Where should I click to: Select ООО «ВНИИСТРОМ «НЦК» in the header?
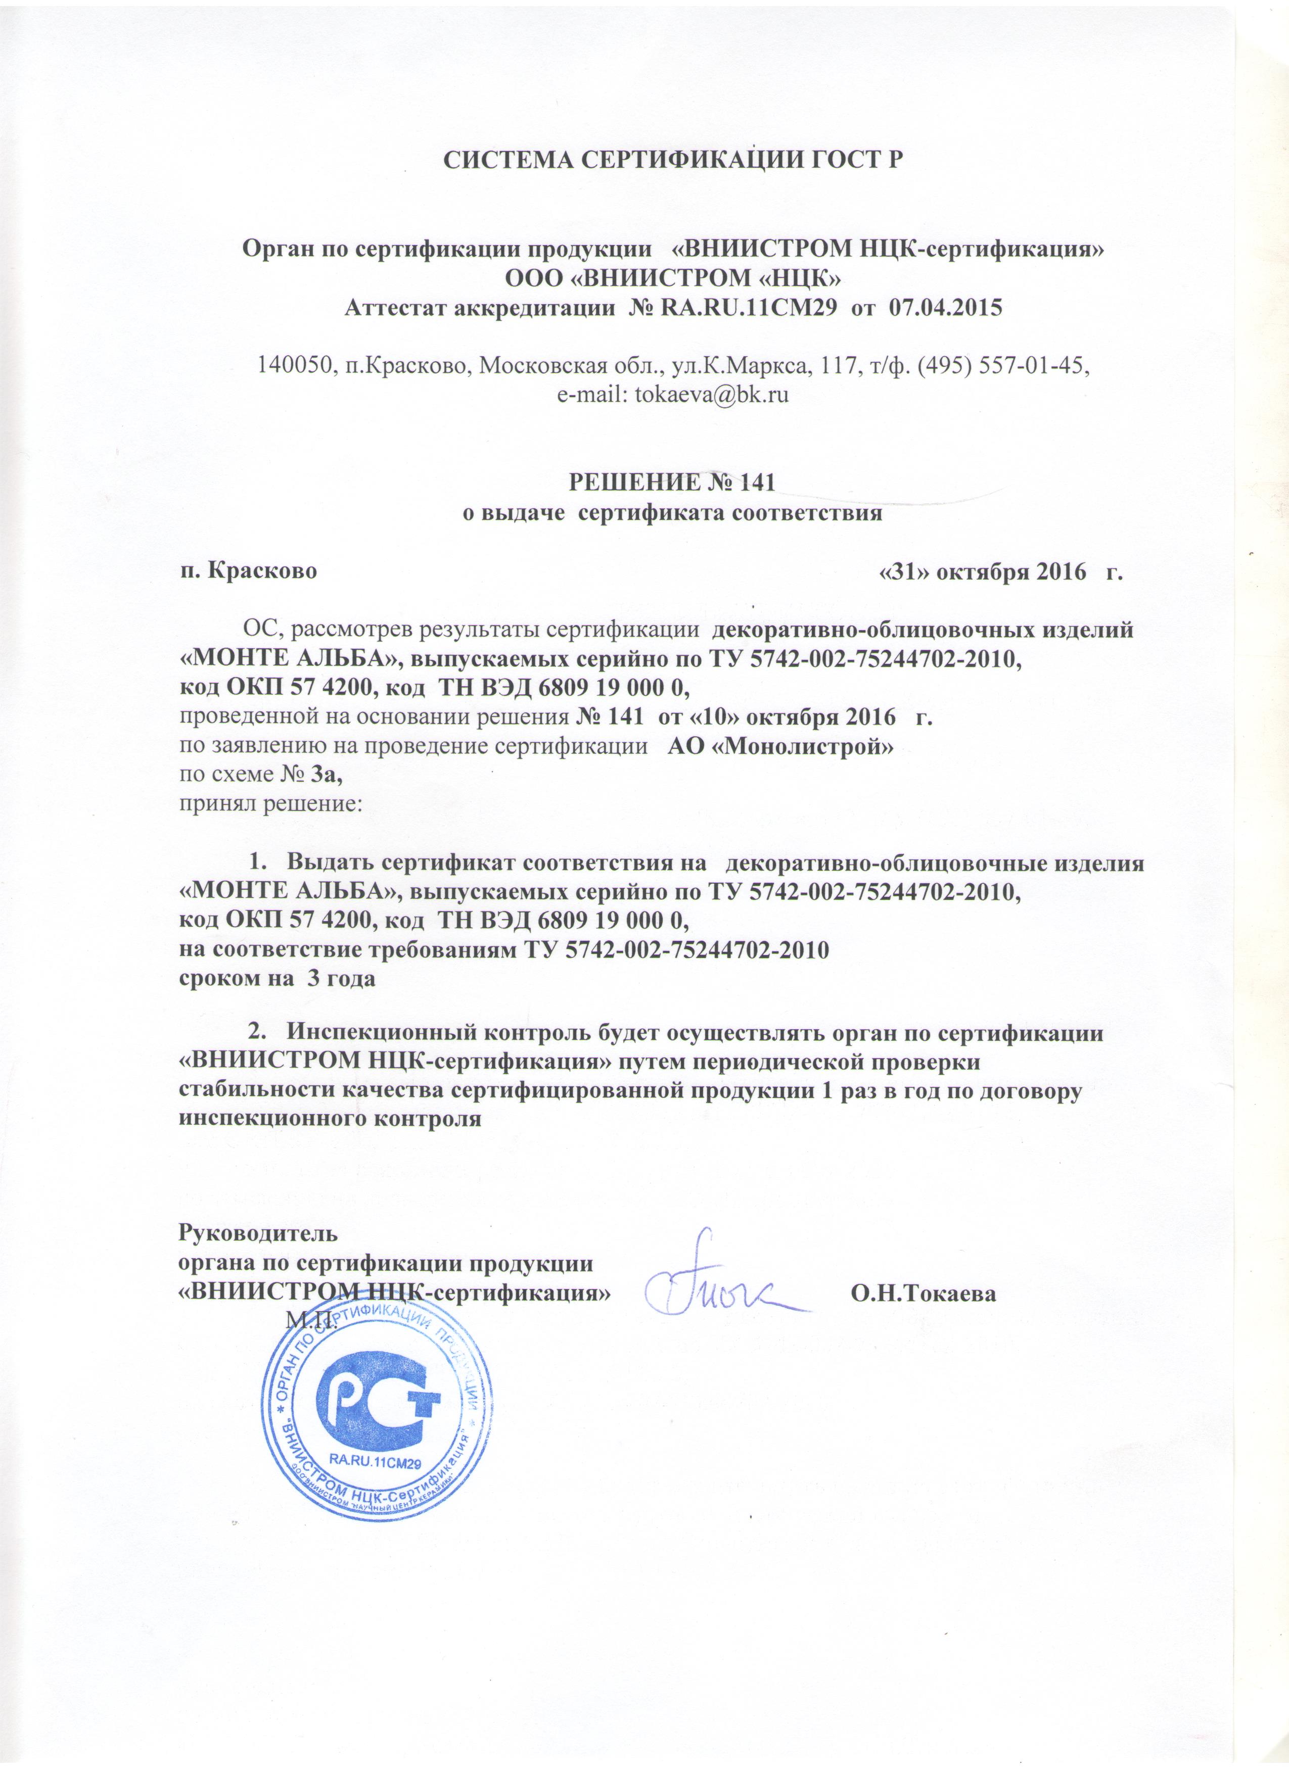[x=673, y=278]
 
